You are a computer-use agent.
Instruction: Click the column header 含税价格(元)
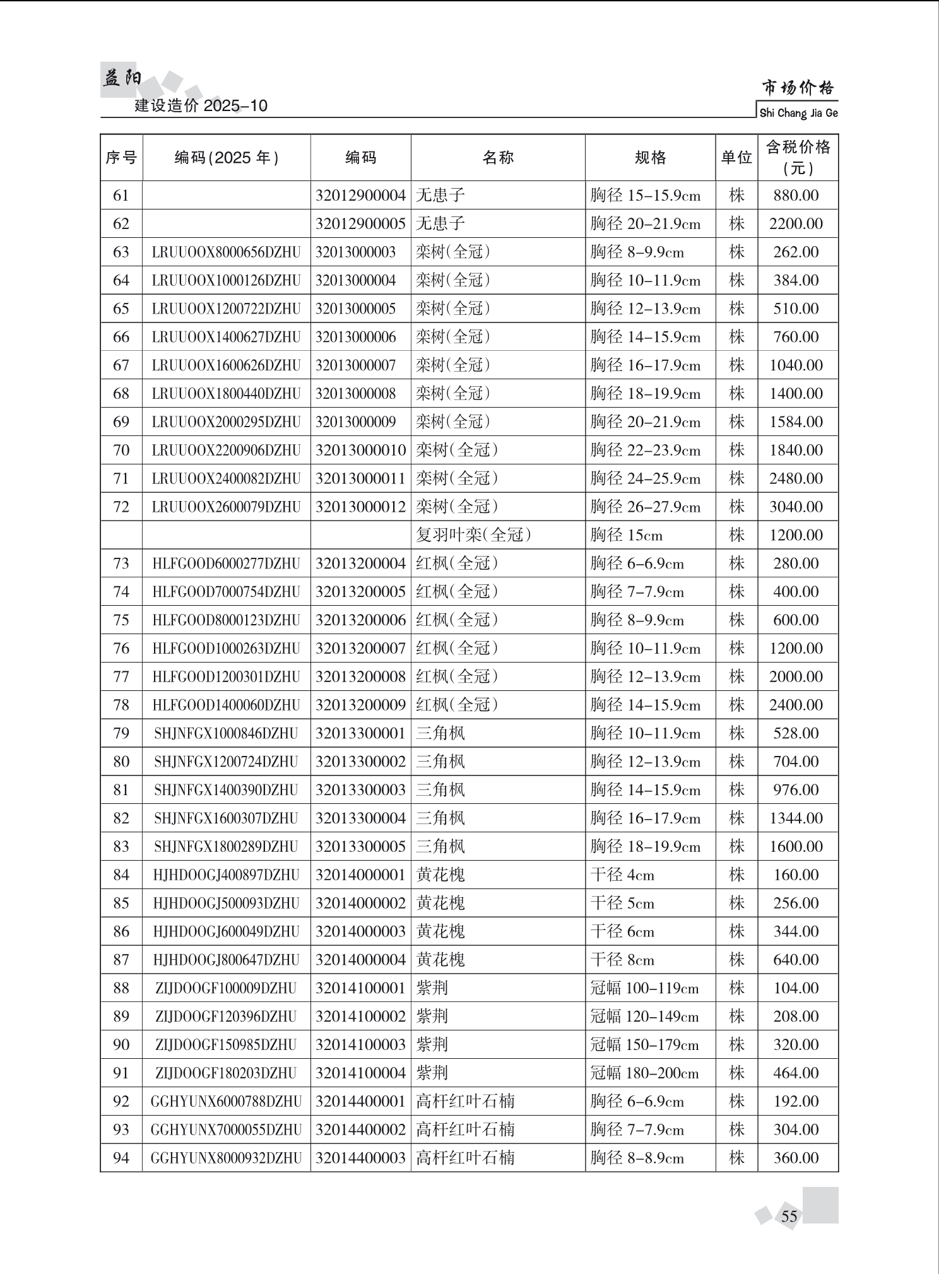[798, 157]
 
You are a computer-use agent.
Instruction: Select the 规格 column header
[650, 158]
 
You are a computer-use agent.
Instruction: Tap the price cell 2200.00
[796, 224]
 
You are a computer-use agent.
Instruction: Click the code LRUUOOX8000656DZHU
[226, 252]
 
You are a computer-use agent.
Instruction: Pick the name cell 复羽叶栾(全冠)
[473, 535]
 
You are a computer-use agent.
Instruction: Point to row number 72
[121, 507]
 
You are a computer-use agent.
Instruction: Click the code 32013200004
[360, 563]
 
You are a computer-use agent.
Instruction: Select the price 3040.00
[796, 507]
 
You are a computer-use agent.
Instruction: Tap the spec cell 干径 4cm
[622, 875]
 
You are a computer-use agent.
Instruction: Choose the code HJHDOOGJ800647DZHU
[226, 960]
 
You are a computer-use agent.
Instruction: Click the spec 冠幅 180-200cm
[644, 1073]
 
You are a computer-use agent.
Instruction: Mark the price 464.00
[796, 1073]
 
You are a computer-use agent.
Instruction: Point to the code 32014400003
[360, 1158]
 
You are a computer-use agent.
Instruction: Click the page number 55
[789, 1216]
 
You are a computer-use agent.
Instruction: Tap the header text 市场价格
[798, 87]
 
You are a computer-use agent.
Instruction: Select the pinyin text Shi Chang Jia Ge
[798, 113]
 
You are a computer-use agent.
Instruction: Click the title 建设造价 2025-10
[201, 105]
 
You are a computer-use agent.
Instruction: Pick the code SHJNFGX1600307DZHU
[226, 818]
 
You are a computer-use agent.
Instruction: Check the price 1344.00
[796, 818]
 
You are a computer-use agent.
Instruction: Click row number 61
[121, 196]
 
